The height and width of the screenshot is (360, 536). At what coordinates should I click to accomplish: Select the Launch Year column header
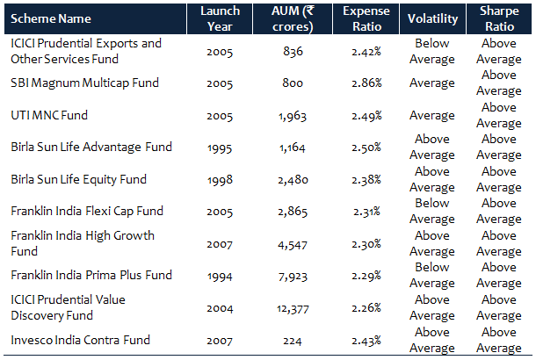(220, 18)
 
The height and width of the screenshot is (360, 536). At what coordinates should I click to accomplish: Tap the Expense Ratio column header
(361, 18)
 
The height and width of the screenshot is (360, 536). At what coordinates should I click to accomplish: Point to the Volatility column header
(432, 18)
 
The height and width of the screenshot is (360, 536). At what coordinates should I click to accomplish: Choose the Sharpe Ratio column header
(498, 18)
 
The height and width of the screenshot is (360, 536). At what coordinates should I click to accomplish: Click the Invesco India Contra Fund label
(80, 340)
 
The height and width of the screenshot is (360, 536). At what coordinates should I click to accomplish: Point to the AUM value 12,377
(291, 307)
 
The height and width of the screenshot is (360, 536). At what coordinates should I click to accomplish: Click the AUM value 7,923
(291, 275)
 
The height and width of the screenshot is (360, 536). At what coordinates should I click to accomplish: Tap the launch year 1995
(220, 147)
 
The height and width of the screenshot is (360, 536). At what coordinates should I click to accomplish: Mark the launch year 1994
(220, 275)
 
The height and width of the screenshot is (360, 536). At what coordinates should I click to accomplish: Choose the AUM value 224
(291, 340)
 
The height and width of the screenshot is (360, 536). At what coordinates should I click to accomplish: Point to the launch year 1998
(220, 179)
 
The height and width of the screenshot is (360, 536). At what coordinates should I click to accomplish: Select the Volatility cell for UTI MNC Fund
(432, 115)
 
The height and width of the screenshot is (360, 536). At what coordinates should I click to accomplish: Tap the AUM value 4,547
(291, 243)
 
